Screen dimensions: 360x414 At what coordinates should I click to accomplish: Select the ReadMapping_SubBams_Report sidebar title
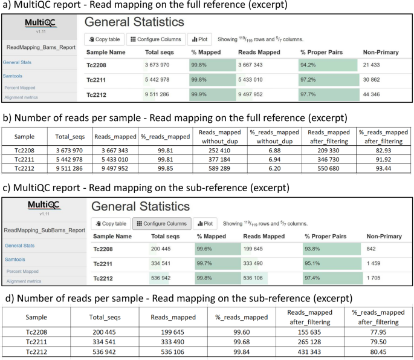click(x=44, y=230)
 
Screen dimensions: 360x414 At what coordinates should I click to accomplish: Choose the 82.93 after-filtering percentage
click(x=382, y=148)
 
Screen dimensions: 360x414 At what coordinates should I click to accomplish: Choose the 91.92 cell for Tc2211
click(x=382, y=157)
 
